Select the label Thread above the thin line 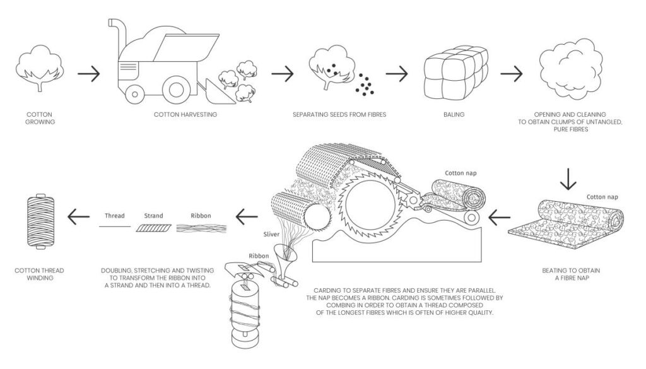(114, 216)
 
